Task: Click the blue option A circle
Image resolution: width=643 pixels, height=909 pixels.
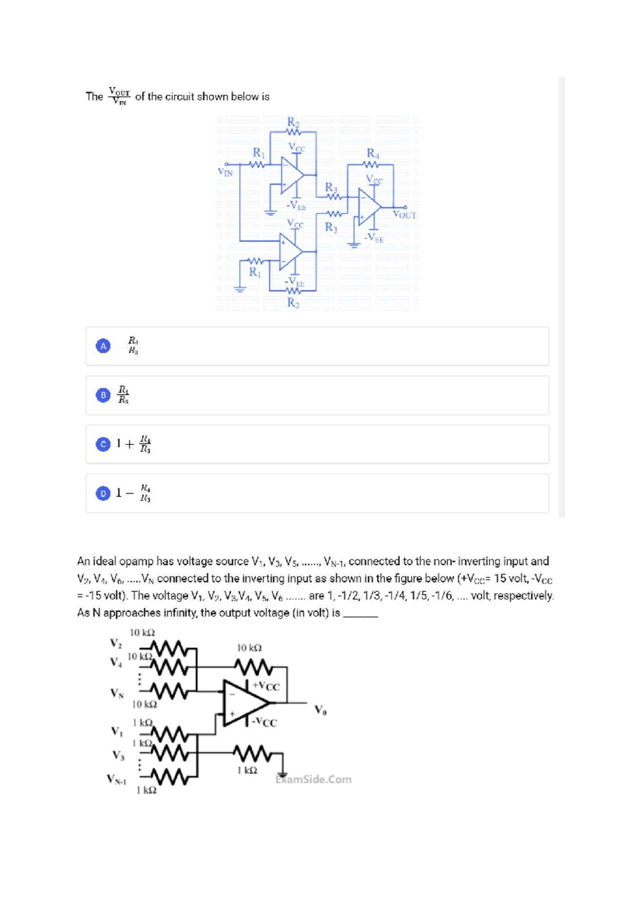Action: [x=103, y=346]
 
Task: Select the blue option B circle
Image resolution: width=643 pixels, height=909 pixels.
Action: [x=103, y=395]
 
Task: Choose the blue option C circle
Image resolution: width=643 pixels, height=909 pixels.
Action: [x=103, y=444]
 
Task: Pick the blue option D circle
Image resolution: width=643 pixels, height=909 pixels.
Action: [x=103, y=493]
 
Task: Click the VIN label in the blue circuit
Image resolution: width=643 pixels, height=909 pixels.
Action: [x=225, y=173]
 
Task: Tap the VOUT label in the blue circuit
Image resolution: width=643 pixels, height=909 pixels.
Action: [x=405, y=215]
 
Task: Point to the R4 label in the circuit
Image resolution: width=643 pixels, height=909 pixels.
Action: [x=372, y=154]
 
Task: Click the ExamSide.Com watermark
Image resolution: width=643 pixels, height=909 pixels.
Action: [x=314, y=779]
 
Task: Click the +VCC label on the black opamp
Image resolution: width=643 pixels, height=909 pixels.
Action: [x=266, y=687]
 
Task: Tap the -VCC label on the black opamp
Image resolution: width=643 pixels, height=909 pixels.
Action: [x=265, y=722]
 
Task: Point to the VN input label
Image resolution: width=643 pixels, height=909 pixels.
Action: [x=117, y=694]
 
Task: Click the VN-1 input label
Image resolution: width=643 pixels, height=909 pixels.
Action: [x=116, y=779]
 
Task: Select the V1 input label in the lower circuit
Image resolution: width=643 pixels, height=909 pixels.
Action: [x=116, y=731]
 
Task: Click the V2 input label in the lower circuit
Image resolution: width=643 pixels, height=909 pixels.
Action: [x=116, y=643]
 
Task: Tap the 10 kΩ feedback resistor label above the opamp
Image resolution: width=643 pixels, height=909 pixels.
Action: [x=249, y=648]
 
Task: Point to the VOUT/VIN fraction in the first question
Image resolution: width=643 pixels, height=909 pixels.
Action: [x=119, y=96]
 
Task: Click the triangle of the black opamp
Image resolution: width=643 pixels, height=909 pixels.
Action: [x=244, y=703]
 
